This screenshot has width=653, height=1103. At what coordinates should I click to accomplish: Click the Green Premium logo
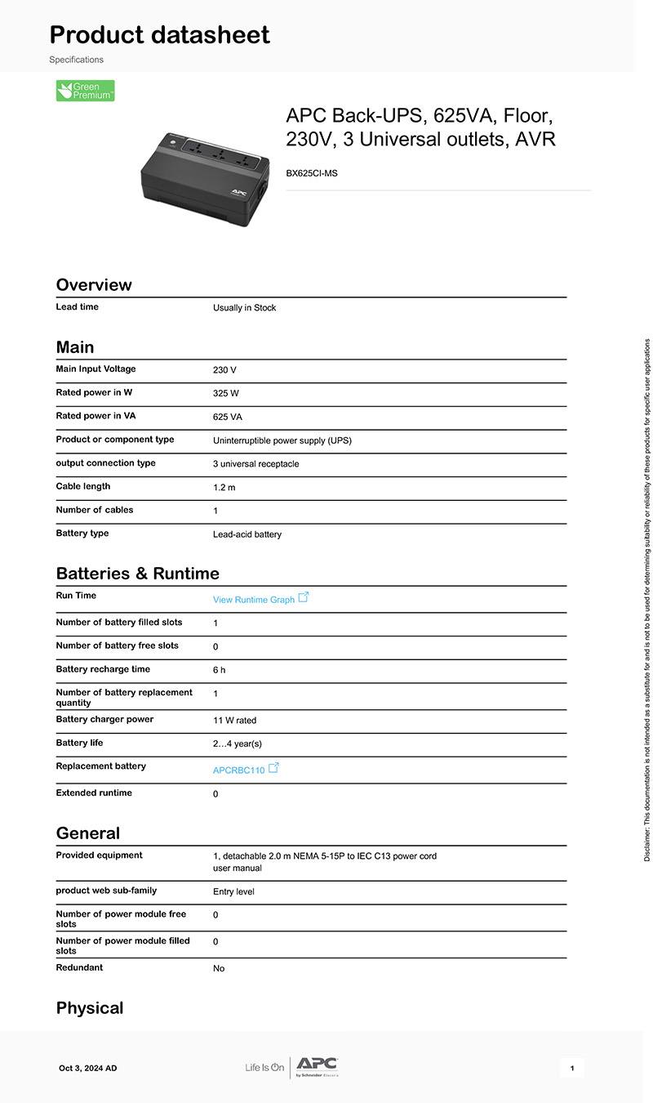point(85,91)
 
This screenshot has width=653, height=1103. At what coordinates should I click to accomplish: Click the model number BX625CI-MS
point(311,173)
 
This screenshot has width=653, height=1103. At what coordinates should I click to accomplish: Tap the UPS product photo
point(203,177)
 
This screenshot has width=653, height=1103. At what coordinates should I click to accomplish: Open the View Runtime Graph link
point(254,600)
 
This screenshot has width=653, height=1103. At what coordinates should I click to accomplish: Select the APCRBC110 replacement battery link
point(239,770)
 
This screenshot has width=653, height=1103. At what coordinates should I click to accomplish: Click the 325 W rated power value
point(226,394)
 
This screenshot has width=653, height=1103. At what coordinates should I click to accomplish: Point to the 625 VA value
point(228,418)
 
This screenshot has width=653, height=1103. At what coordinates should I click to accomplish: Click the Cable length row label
point(83,487)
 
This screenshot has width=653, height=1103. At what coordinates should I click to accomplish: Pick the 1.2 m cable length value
point(224,488)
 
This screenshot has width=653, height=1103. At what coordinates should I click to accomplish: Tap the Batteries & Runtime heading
point(137,574)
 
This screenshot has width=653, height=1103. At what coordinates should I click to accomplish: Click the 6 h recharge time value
point(219,671)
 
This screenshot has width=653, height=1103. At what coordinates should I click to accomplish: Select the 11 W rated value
point(234,721)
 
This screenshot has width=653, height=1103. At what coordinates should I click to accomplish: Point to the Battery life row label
point(79,744)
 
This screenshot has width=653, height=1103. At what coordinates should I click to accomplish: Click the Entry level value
point(233,892)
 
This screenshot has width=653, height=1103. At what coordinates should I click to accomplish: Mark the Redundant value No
point(219,969)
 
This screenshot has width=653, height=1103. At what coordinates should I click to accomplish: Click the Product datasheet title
point(160,35)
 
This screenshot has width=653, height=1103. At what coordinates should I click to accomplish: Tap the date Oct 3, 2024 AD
point(88,1069)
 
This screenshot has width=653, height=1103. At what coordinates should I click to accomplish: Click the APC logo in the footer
point(317,1065)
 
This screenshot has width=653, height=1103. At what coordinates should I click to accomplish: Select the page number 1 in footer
point(572,1069)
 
